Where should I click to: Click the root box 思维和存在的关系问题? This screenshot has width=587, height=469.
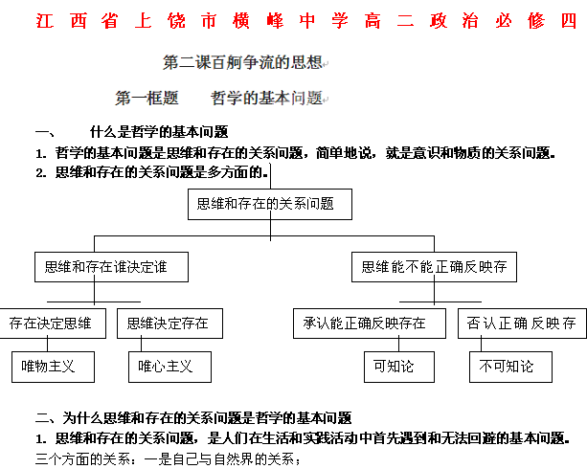pos(270,204)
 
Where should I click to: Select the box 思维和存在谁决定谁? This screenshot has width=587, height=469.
pos(111,267)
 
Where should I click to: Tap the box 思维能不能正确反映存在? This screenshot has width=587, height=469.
pos(435,267)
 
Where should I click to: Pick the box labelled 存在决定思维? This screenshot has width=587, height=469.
pos(52,324)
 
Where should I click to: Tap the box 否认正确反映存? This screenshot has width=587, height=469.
pos(522,324)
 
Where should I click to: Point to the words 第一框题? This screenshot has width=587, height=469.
pos(147,98)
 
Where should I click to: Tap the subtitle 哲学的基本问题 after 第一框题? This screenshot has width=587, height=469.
pos(267,98)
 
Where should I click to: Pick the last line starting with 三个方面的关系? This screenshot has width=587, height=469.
pos(168,458)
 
